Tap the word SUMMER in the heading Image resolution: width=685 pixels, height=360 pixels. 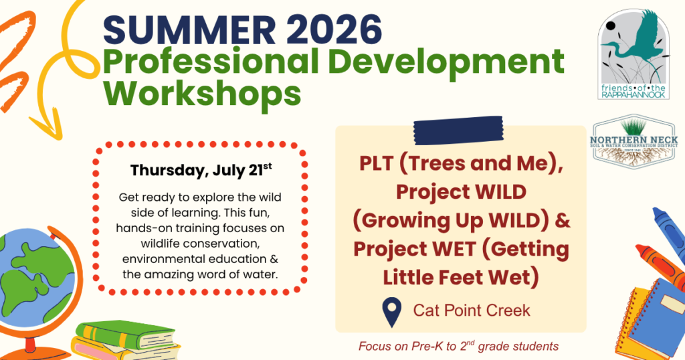(189, 29)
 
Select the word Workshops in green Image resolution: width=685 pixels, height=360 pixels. (202, 94)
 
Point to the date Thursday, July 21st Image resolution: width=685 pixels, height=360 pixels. (201, 171)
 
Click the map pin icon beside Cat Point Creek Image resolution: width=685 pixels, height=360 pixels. (391, 312)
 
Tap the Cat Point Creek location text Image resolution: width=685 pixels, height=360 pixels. (472, 310)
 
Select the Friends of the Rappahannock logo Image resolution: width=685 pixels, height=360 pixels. (633, 55)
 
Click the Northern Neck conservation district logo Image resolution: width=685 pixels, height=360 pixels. (634, 141)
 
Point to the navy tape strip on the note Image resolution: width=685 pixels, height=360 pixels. (458, 130)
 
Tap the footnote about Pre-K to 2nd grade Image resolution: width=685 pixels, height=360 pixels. (458, 346)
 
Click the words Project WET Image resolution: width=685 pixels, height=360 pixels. (414, 249)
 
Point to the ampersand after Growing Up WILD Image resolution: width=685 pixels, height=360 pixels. (562, 220)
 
